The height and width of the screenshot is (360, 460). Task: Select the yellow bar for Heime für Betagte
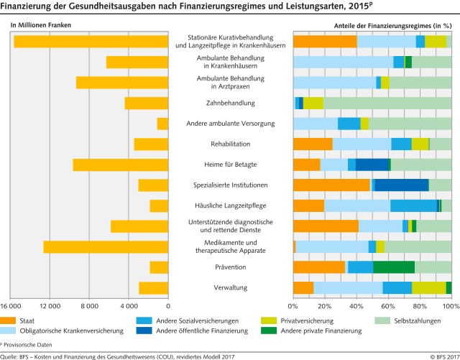point(120,165)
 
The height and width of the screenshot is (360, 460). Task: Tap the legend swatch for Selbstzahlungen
point(382,320)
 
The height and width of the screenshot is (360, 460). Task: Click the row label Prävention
point(231,267)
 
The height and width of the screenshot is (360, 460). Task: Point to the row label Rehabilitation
point(231,144)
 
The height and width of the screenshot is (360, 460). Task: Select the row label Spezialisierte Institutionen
point(231,185)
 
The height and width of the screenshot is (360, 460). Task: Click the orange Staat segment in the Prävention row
point(319,267)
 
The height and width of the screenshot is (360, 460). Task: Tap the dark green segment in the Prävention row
point(394,267)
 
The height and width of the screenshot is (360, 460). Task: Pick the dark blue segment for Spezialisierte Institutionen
point(402,185)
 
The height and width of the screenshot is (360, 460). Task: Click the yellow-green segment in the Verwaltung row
point(429,288)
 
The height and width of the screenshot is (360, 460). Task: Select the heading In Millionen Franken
point(41,25)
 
